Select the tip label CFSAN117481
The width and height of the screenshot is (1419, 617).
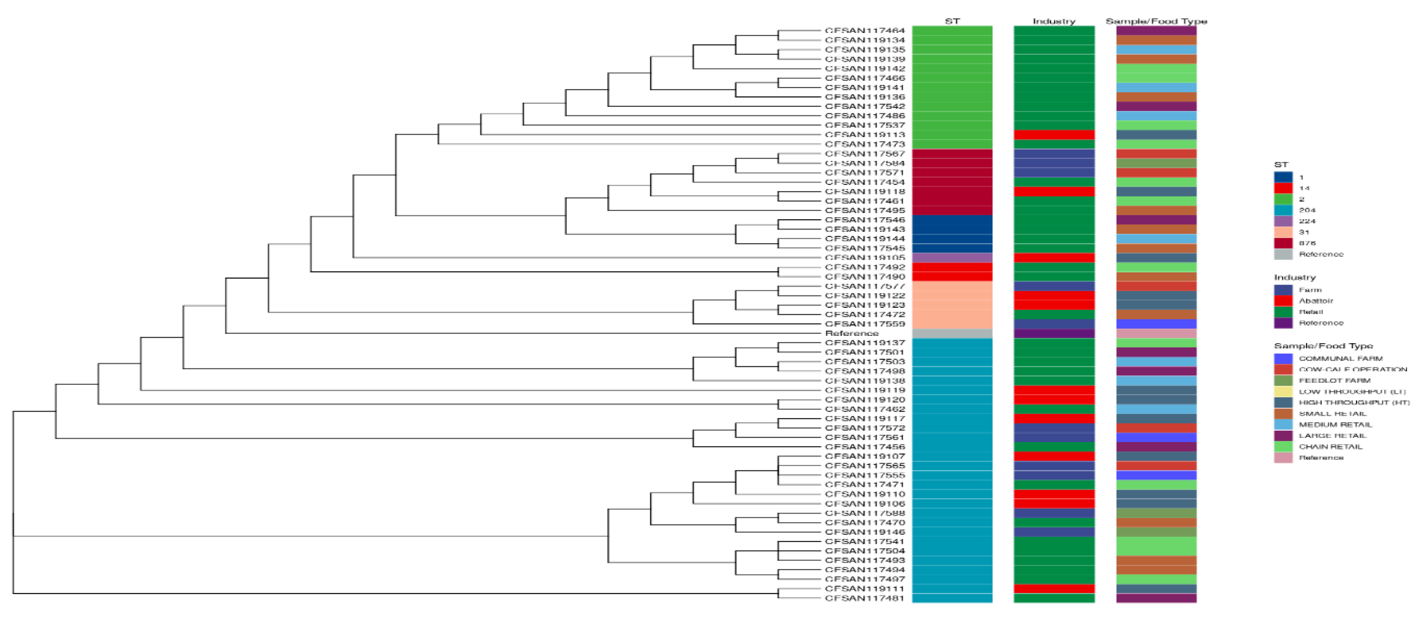pos(864,598)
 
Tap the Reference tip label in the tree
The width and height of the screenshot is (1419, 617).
pos(852,333)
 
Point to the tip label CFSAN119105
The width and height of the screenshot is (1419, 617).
pos(864,258)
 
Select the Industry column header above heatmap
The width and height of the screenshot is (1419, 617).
pos(1054,21)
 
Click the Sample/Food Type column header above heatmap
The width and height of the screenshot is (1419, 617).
pos(1156,21)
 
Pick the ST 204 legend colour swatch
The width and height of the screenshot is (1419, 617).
pos(1283,210)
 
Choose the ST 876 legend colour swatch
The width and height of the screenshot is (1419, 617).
pos(1283,243)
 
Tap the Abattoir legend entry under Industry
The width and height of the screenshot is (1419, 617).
pos(1316,301)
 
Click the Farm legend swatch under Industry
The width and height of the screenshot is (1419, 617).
pos(1283,290)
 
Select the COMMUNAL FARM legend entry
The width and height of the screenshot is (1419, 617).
pos(1340,358)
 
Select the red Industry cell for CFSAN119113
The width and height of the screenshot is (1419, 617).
pos(1054,135)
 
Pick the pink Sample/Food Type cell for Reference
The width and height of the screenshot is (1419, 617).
pos(1156,333)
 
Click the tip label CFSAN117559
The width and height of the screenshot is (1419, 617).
pos(864,324)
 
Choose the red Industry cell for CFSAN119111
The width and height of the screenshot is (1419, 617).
pos(1054,589)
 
